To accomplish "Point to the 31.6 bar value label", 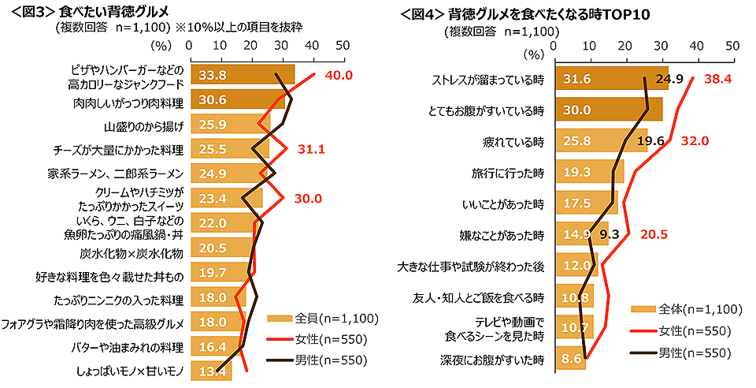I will tap(577, 79).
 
